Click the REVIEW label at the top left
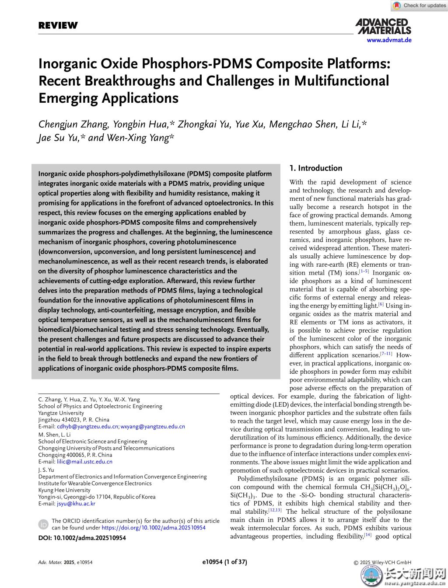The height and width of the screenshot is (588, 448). click(x=58, y=25)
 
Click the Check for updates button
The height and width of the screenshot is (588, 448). click(x=419, y=6)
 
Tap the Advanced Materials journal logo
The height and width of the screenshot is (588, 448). click(x=383, y=26)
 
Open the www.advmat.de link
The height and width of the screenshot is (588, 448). click(x=389, y=40)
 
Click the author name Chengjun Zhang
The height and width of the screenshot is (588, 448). click(x=73, y=124)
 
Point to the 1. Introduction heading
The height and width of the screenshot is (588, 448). click(x=316, y=168)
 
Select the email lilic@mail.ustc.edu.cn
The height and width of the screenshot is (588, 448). click(x=84, y=462)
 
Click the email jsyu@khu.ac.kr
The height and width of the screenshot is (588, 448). click(x=76, y=504)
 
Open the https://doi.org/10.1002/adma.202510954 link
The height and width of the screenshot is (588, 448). click(x=154, y=528)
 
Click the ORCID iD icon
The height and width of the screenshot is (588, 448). click(x=43, y=524)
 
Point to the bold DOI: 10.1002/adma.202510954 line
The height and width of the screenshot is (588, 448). click(x=82, y=538)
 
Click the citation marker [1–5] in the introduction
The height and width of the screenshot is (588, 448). click(x=364, y=272)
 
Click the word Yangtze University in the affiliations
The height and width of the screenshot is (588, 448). click(x=61, y=413)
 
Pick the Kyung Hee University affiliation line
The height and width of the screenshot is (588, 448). click(x=64, y=490)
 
